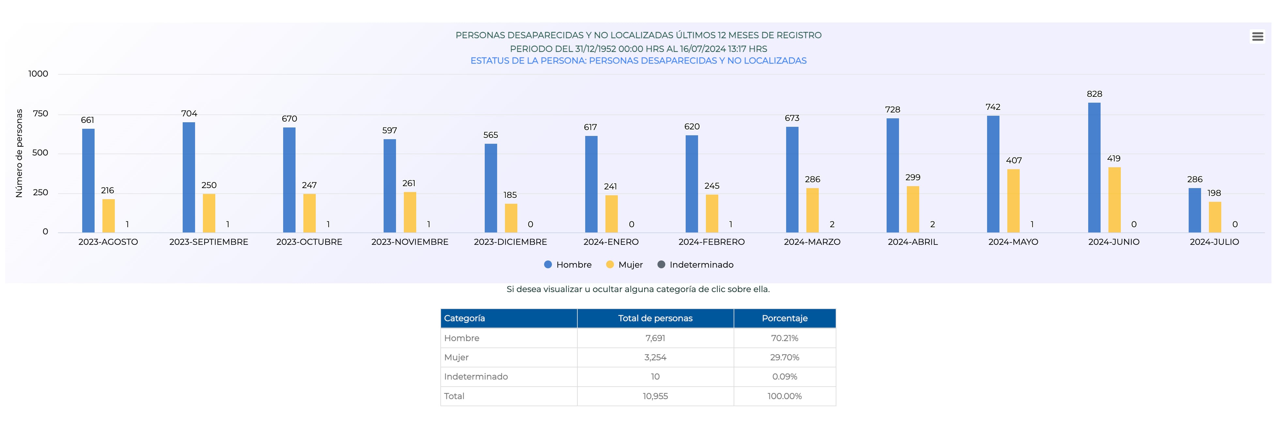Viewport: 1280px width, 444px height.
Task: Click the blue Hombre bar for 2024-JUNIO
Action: (1094, 167)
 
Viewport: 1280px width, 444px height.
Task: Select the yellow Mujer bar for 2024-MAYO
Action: (1013, 200)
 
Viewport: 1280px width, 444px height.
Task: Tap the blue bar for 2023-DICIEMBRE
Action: (490, 188)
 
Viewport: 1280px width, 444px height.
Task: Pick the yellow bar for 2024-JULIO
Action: (1214, 217)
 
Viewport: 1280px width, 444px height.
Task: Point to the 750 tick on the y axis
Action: (40, 114)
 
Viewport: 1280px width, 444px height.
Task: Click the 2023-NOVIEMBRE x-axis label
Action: (409, 242)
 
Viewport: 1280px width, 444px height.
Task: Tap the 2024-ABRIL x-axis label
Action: (912, 242)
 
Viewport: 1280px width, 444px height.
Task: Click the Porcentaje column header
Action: (784, 318)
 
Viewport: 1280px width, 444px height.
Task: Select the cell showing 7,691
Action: (655, 338)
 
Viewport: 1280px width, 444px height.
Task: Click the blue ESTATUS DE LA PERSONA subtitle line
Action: (638, 61)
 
